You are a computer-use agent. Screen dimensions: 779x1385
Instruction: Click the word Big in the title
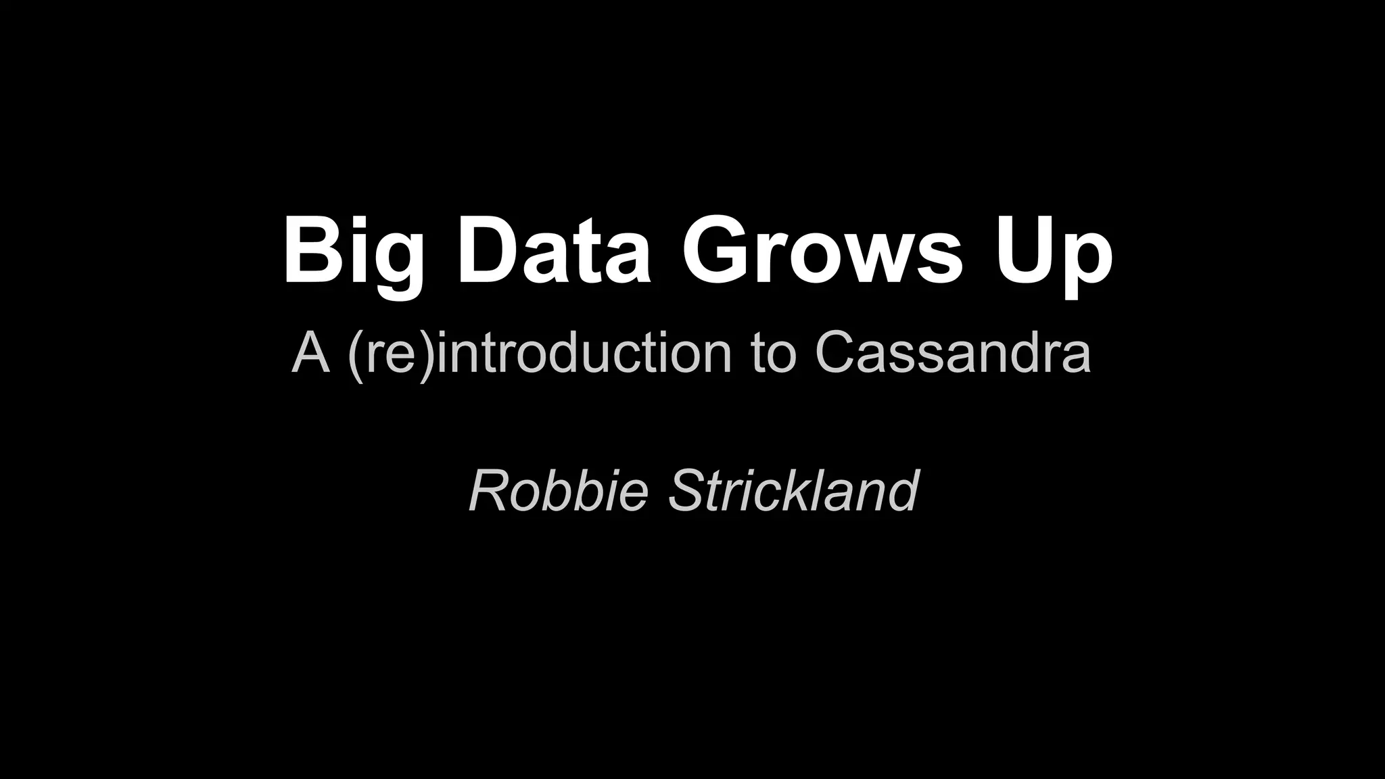click(352, 252)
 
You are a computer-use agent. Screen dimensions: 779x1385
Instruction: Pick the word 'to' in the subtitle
click(774, 354)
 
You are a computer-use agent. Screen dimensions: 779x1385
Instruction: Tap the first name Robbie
click(559, 491)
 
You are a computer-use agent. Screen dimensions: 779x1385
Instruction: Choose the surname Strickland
click(793, 491)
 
